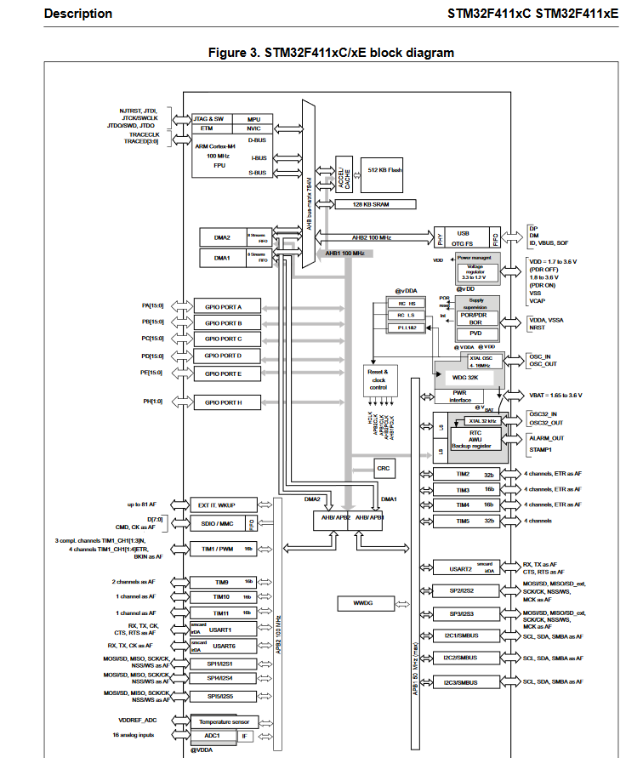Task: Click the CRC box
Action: [x=384, y=468]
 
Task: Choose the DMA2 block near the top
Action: [x=221, y=237]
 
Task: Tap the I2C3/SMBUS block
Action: [x=460, y=682]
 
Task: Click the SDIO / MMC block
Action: [x=216, y=523]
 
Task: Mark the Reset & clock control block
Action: [x=378, y=379]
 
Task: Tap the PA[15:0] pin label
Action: [x=152, y=305]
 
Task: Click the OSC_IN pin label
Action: [x=541, y=356]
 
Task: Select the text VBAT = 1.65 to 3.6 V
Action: [x=555, y=396]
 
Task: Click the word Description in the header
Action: [x=77, y=14]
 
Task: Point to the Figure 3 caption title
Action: [x=332, y=53]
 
